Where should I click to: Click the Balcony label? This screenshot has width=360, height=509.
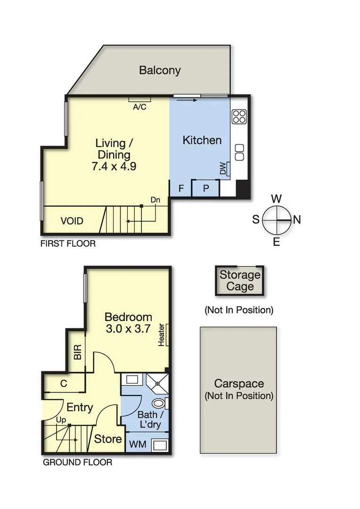pos(160,71)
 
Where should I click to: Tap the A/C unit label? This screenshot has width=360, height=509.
pos(139,107)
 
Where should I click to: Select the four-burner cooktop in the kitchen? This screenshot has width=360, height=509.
pos(239,116)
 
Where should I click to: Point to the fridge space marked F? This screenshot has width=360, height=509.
pos(180,189)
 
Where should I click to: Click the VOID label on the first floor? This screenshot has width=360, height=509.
pos(72,221)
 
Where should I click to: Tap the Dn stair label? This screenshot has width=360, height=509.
pos(155,200)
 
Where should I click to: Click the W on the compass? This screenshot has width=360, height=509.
pos(277,198)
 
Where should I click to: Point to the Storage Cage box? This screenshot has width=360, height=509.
pos(240,281)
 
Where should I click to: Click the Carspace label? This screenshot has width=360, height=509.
pos(238,384)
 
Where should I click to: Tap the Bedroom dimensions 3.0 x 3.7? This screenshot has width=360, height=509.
pos(128,329)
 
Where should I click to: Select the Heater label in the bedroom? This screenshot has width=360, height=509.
pos(161,335)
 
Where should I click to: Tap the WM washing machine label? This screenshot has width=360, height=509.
pos(138,444)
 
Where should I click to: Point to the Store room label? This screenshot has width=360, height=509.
pos(108,439)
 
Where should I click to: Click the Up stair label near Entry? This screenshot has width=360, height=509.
pos(61,419)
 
